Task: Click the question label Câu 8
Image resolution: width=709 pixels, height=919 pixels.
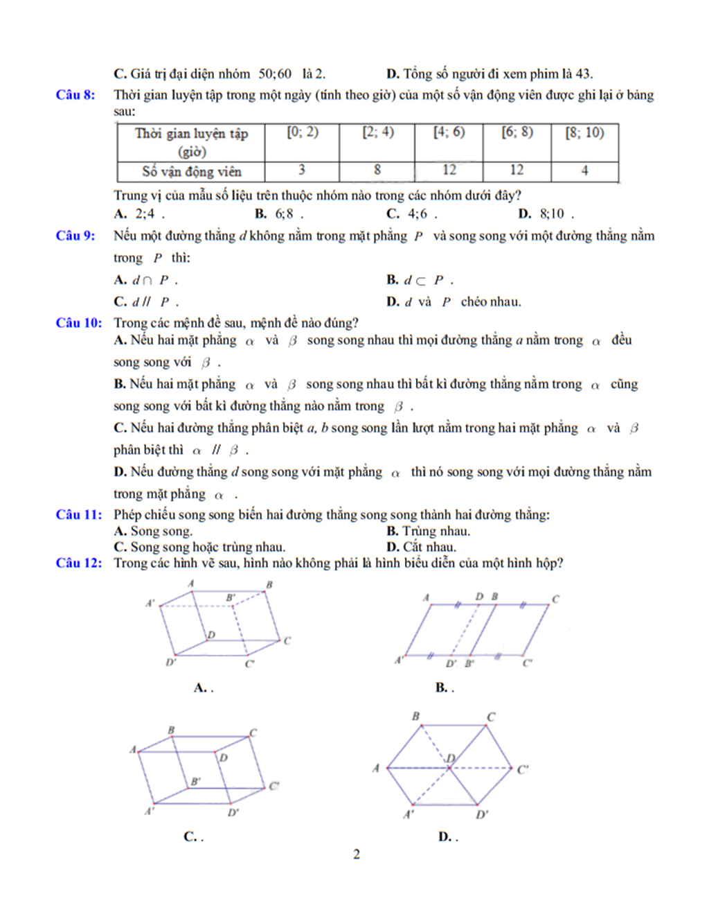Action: [x=75, y=95]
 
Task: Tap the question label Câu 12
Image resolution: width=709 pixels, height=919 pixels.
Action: [x=78, y=563]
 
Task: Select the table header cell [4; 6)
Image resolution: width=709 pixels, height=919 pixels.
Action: [x=449, y=132]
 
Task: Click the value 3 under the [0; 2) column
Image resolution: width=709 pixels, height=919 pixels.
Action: [x=302, y=170]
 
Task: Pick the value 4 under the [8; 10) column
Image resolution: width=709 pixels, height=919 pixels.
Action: [x=584, y=170]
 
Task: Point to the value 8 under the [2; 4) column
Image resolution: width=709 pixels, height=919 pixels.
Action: [x=377, y=170]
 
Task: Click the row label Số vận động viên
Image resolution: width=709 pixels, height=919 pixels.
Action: [x=192, y=171]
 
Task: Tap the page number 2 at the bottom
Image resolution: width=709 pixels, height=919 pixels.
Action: [x=357, y=854]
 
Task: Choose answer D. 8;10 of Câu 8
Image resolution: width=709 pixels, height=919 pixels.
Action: [x=546, y=214]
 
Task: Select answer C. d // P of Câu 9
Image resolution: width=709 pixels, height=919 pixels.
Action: [x=146, y=301]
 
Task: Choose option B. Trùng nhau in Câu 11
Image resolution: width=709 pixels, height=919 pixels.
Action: [x=428, y=532]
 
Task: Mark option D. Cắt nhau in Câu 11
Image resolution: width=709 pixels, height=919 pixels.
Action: [x=421, y=547]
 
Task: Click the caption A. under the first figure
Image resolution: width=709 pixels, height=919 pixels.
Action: [x=203, y=688]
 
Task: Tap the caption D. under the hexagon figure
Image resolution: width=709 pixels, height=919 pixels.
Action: [x=447, y=837]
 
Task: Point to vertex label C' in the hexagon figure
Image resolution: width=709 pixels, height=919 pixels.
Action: [x=523, y=769]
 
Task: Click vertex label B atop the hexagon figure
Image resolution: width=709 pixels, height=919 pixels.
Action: [x=415, y=716]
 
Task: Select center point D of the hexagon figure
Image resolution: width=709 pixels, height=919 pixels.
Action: [x=451, y=758]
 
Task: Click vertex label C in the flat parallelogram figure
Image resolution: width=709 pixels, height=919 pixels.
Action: [x=555, y=599]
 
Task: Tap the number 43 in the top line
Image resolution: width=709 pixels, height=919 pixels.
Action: [x=583, y=74]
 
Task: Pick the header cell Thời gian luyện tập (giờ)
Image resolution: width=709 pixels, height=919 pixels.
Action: [x=191, y=142]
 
